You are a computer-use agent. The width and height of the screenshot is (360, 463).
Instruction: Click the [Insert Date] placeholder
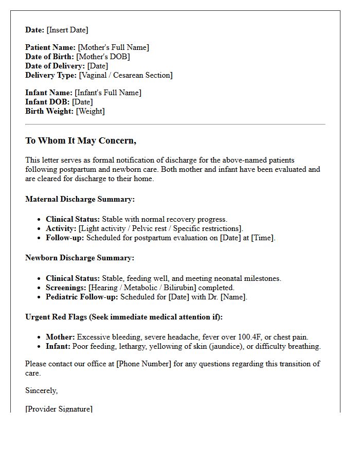(x=67, y=30)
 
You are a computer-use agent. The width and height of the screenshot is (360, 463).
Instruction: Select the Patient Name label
(x=50, y=47)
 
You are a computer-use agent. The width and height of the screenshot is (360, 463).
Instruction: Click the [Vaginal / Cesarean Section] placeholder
(x=125, y=75)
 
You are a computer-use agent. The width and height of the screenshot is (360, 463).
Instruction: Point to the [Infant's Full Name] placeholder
(x=108, y=93)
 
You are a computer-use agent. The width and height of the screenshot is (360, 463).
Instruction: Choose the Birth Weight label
(x=49, y=111)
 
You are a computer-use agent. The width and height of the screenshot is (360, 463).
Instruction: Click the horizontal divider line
(x=175, y=124)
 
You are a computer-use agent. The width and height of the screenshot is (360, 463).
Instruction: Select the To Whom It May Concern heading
(x=81, y=141)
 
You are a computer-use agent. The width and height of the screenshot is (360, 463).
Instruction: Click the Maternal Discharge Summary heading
(x=80, y=199)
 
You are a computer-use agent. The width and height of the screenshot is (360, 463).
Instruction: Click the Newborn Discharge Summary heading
(x=80, y=258)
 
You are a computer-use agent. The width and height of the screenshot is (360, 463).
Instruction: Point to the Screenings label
(x=66, y=288)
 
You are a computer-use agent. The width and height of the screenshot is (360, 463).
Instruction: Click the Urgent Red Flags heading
(x=124, y=317)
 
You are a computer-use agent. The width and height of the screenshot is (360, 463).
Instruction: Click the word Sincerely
(x=42, y=390)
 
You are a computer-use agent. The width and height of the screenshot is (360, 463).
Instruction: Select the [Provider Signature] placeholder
(x=59, y=409)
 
